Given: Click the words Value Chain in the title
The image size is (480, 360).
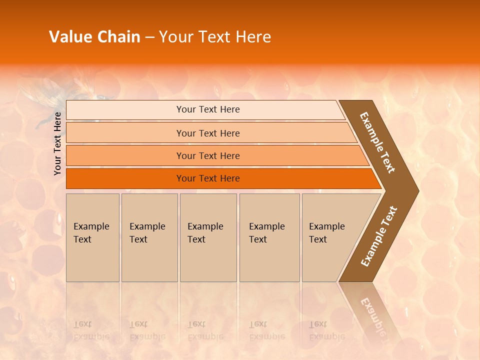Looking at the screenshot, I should [94, 37].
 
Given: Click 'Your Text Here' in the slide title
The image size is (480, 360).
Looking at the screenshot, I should [215, 37].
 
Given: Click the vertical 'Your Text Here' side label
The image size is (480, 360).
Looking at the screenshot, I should [57, 143].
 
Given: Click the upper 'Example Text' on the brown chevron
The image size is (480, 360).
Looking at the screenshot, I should [377, 142].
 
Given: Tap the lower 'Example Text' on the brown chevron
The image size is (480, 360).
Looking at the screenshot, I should [379, 236].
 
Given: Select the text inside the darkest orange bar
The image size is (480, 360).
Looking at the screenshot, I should [208, 178].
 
